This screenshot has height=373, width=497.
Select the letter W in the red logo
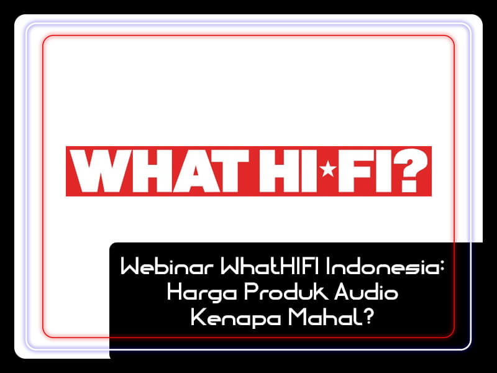point(100,171)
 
